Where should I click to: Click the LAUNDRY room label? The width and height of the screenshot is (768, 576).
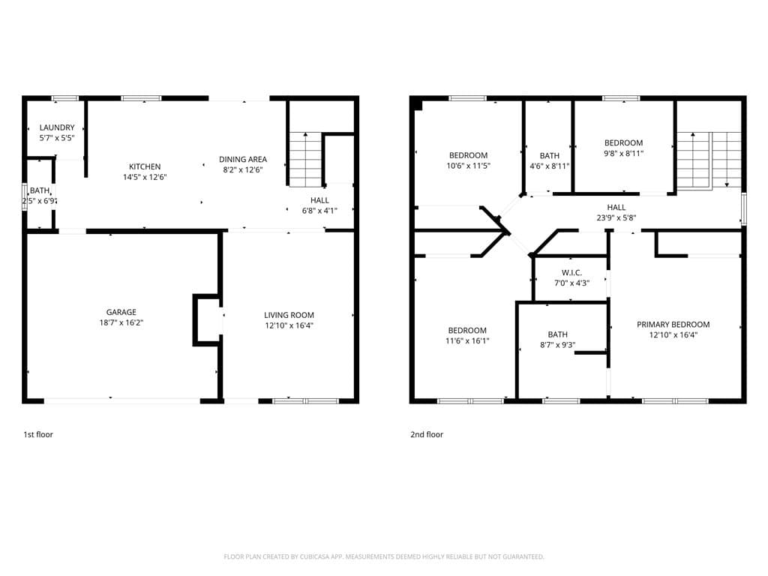[57, 127]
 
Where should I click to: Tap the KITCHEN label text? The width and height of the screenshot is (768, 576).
[145, 166]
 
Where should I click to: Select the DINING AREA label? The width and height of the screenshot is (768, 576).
[243, 159]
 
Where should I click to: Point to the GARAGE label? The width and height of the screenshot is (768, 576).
[121, 312]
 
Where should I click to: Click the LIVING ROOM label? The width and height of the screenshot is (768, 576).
[289, 315]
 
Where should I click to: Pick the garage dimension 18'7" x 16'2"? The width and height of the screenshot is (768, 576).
[121, 322]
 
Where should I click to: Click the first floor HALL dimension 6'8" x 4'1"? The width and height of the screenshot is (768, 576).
[319, 211]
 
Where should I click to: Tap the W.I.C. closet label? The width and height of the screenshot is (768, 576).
[571, 272]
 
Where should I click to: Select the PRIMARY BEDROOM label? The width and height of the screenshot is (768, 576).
[673, 324]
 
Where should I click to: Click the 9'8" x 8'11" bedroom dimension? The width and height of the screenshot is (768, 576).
[623, 153]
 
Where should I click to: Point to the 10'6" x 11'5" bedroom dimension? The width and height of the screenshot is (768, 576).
[468, 166]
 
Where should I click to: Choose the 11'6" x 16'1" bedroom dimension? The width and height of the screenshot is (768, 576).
[467, 340]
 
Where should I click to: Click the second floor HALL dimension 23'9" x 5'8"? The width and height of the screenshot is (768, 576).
[616, 217]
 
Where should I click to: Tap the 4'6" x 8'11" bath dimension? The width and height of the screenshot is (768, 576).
[550, 166]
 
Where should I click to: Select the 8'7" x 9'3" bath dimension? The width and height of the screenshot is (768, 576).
[557, 344]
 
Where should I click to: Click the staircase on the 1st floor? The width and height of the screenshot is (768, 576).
[306, 160]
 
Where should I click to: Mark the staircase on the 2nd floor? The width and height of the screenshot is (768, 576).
[709, 160]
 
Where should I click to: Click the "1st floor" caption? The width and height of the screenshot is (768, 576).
[38, 434]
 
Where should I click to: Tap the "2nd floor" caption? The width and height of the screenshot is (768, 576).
[427, 434]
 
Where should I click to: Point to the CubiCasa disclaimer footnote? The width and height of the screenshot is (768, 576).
[384, 556]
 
